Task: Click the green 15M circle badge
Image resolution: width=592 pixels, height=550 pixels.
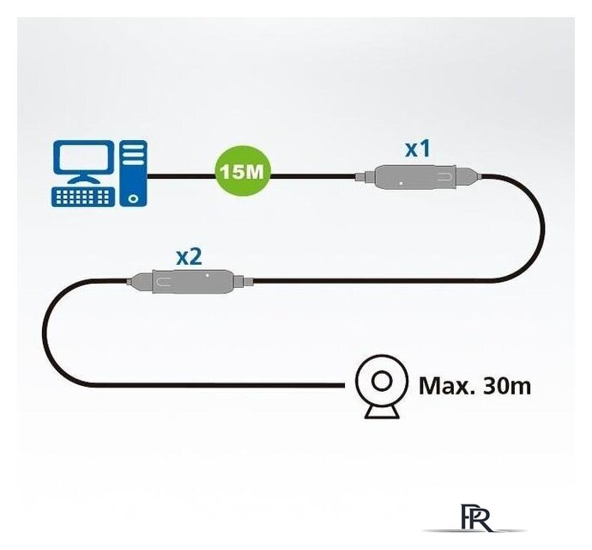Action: coord(244,173)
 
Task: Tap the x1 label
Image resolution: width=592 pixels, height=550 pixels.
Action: coord(418,149)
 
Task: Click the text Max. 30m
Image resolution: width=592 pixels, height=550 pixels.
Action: coord(475,386)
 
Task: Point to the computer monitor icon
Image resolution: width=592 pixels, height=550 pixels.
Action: coord(83,162)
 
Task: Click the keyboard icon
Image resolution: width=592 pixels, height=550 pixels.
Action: coord(83,197)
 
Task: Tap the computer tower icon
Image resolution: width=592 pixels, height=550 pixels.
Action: coord(133,174)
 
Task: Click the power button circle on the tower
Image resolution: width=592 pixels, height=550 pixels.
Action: coord(132,199)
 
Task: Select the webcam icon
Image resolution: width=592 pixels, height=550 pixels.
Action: coord(382,386)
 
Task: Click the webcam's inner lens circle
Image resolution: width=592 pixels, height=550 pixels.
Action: coord(382,382)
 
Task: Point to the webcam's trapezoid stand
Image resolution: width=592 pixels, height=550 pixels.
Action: coord(382,412)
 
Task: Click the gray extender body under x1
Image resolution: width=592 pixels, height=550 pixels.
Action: coord(415,177)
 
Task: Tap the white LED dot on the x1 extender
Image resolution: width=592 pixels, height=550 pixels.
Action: coord(401,183)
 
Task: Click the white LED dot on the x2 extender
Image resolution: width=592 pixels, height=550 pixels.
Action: coord(208,275)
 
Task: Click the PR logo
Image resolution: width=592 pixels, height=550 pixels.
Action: coord(476,517)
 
